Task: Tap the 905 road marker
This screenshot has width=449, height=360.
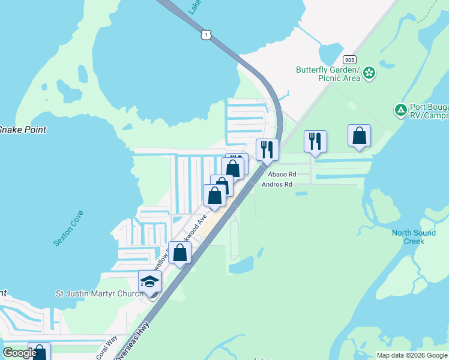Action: pos(349,60)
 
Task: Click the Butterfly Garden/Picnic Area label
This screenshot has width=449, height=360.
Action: pos(328,74)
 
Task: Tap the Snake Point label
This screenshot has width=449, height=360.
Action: pos(22,130)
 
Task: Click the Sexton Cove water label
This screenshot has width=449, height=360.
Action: pos(68,228)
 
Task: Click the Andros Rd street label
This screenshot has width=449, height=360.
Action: pos(277,185)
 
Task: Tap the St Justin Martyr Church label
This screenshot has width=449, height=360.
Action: pos(100,293)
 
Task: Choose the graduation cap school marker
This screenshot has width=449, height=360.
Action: pos(149,281)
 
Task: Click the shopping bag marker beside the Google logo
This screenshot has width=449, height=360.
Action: pos(39,352)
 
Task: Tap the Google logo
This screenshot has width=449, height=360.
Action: pos(20,353)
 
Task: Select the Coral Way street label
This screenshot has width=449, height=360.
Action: pos(106,347)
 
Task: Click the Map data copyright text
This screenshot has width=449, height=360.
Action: pos(412,355)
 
